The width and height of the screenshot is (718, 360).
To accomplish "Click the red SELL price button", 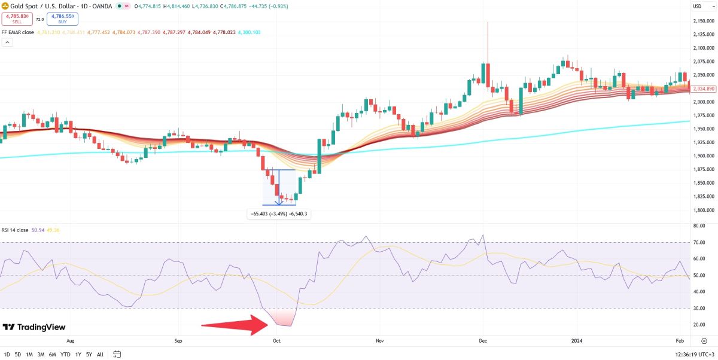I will pyautogui.click(x=17, y=19).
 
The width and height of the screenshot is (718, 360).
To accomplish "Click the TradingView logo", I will pyautogui.click(x=34, y=327).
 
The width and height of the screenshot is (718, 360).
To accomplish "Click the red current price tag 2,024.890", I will pyautogui.click(x=702, y=89).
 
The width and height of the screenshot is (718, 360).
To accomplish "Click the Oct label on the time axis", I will pyautogui.click(x=276, y=341).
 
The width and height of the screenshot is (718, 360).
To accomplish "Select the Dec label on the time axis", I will pyautogui.click(x=483, y=341).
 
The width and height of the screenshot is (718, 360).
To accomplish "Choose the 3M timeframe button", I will pyautogui.click(x=41, y=354).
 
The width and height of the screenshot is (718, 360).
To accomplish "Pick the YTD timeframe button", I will pyautogui.click(x=66, y=354).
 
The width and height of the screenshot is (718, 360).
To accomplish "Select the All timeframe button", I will pyautogui.click(x=100, y=354).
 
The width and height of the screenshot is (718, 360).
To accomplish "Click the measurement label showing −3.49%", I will pyautogui.click(x=280, y=213).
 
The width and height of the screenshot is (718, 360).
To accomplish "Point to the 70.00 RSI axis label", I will pyautogui.click(x=698, y=242).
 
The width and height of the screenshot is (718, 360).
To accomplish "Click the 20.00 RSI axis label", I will pyautogui.click(x=698, y=325).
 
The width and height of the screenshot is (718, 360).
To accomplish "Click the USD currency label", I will pyautogui.click(x=697, y=6).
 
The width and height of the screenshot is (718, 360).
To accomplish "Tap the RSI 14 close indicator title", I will pyautogui.click(x=15, y=230).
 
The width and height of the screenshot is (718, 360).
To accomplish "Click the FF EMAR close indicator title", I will pyautogui.click(x=18, y=32).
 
